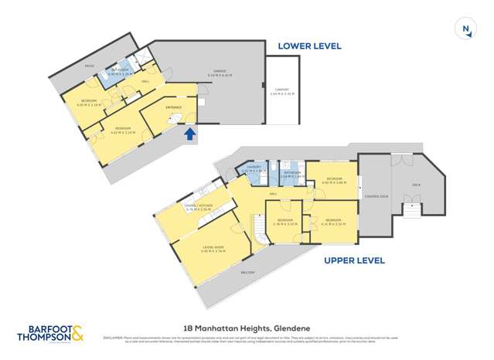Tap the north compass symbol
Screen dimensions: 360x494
465,30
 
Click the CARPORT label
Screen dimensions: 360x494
283,90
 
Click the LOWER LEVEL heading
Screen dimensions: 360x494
310,46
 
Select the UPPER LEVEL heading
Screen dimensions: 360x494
354,260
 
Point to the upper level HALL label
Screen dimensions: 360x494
273,194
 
